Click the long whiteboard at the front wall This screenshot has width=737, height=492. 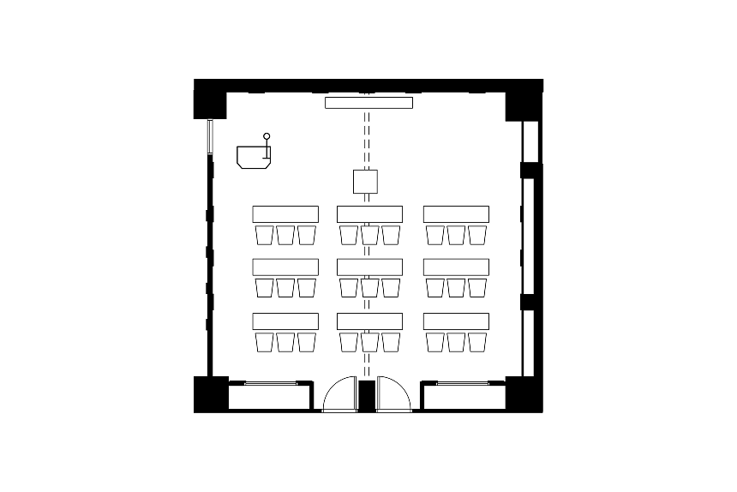click(368, 103)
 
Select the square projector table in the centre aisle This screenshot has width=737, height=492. click(366, 182)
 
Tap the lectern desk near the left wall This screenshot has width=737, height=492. click(254, 157)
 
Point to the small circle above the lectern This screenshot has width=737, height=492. click(267, 136)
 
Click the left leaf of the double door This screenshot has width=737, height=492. click(340, 395)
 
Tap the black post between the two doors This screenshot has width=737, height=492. click(366, 395)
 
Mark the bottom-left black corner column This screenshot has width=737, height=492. click(209, 393)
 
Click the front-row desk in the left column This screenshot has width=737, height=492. click(285, 213)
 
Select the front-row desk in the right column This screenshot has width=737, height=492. click(456, 213)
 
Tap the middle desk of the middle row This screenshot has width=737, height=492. click(370, 267)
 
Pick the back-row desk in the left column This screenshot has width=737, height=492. click(285, 321)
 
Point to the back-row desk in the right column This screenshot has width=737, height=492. click(456, 321)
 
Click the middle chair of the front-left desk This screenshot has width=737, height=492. click(285, 235)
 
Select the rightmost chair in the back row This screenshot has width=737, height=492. click(477, 342)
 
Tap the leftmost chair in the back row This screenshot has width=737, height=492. click(264, 342)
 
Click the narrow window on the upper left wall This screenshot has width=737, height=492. click(209, 136)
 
